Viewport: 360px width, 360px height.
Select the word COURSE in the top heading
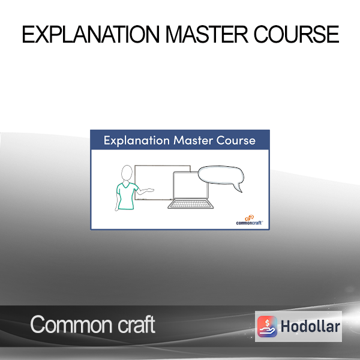[x=296, y=34]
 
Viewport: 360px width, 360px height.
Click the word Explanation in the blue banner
[x=137, y=140]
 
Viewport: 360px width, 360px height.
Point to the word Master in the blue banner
[x=193, y=140]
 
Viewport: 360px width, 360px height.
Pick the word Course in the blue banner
[x=236, y=140]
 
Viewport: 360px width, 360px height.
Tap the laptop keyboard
[x=191, y=204]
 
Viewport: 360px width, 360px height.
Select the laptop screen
[x=191, y=185]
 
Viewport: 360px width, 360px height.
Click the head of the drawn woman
[x=127, y=173]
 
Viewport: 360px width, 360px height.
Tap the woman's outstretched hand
[x=149, y=190]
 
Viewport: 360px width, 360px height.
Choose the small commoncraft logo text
[x=250, y=223]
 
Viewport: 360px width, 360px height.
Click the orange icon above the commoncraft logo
[x=250, y=218]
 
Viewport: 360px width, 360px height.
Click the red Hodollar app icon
[x=267, y=326]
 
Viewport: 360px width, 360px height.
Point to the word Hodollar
[x=310, y=326]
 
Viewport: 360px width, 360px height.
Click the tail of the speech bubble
[x=238, y=188]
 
